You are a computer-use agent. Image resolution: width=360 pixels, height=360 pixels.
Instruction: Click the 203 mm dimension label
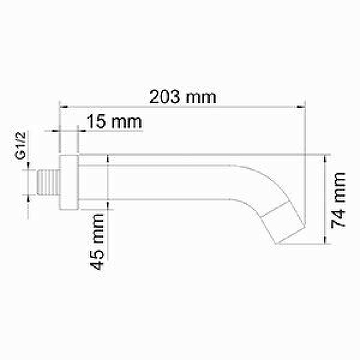coord(183,97)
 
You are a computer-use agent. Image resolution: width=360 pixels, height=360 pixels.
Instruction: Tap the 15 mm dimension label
coord(114,121)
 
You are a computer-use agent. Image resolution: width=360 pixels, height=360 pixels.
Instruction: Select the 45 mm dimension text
coord(98,242)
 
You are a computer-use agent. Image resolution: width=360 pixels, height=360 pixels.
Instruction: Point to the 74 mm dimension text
coord(338,200)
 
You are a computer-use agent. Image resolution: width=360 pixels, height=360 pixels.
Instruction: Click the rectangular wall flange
coord(69,182)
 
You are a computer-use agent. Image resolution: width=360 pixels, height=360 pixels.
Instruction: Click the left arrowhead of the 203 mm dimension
coord(63,107)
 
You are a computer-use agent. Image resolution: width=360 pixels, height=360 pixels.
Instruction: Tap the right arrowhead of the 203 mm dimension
coord(302,107)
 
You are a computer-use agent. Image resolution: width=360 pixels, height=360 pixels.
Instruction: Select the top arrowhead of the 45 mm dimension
coord(108,159)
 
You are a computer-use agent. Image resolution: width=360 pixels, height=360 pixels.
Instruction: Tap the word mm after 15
coord(127,121)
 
